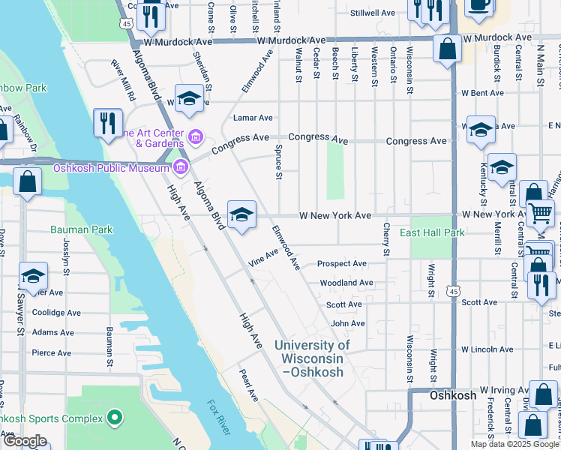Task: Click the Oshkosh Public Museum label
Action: [111, 168]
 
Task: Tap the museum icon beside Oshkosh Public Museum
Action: [178, 166]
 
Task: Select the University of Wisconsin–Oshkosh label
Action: [312, 358]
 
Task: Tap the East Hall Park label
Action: [431, 232]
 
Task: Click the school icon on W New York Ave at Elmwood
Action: [241, 216]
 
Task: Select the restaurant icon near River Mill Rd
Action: [108, 122]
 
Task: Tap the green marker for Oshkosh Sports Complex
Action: [115, 416]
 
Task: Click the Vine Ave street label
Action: [263, 257]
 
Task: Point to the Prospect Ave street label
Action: [341, 264]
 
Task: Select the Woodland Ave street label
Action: [346, 283]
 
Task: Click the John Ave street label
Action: [348, 323]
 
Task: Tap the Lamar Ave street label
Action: [253, 118]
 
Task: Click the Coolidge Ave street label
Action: [56, 313]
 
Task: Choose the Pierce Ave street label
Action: [51, 352]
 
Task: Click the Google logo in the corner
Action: [24, 440]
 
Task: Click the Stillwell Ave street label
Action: [373, 13]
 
